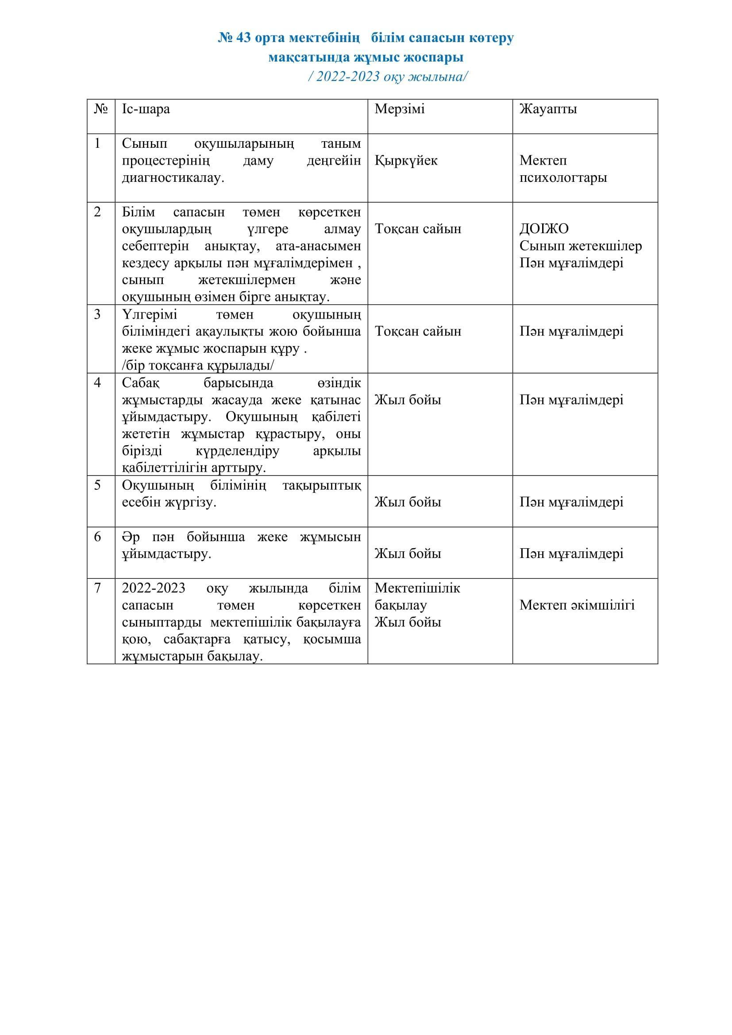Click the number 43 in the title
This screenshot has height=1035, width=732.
tap(243, 38)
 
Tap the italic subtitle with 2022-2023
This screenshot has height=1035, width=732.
tap(388, 77)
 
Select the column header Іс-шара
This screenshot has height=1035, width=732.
tap(146, 109)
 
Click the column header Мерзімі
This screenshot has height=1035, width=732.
tap(399, 109)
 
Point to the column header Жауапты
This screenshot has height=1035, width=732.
tap(547, 109)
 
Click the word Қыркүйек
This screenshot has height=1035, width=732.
tap(406, 161)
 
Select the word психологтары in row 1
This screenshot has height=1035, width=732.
tap(563, 177)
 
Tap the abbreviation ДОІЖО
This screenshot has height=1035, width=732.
tap(543, 229)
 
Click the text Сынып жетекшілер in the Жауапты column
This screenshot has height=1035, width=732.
tap(580, 246)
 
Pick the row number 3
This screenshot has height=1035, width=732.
tap(97, 314)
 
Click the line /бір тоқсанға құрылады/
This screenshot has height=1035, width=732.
tap(198, 365)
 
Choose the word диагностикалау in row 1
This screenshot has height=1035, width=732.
tap(173, 177)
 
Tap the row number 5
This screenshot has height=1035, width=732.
tap(97, 485)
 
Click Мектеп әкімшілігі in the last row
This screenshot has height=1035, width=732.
tap(577, 605)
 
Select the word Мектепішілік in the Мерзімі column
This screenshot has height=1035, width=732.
tap(417, 588)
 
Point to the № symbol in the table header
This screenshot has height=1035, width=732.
tap(100, 109)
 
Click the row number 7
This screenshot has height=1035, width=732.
tap(97, 588)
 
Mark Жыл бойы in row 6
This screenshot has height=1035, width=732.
tap(408, 554)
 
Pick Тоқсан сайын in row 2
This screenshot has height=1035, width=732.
tap(418, 229)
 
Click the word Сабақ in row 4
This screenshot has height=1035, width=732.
tap(141, 383)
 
